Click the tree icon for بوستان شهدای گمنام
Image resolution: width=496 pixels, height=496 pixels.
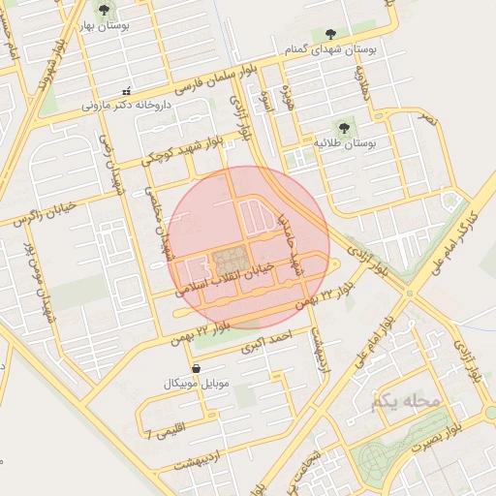click(333, 34)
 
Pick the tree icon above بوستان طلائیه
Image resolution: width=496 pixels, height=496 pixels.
click(344, 127)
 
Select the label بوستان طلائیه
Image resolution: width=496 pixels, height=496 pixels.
click(344, 143)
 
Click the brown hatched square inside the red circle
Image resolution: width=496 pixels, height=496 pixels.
click(230, 261)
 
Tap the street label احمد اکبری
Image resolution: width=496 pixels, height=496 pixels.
click(268, 341)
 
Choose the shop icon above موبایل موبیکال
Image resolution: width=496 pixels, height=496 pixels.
click(198, 368)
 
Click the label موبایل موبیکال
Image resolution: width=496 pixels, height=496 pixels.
click(198, 385)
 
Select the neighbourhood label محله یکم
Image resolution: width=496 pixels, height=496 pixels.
click(405, 399)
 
